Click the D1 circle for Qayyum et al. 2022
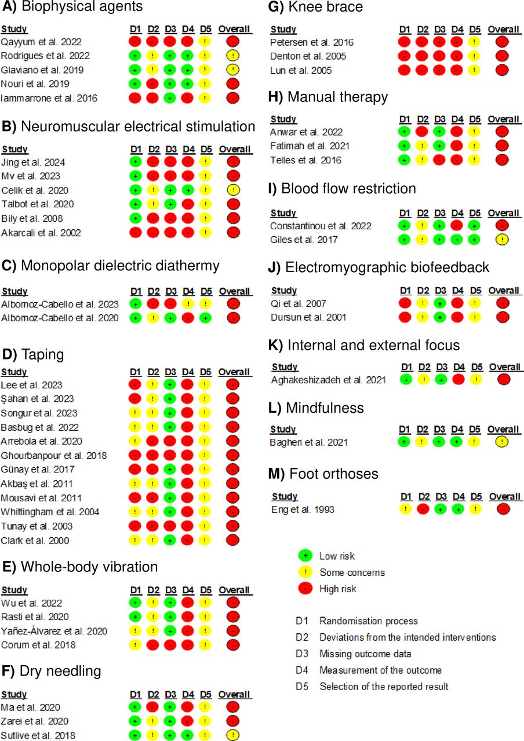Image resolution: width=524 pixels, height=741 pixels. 135,42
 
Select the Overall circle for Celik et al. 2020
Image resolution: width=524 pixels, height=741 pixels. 234,190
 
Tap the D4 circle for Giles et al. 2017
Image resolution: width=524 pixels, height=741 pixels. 457,240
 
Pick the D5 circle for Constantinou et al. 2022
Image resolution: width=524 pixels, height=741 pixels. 474,226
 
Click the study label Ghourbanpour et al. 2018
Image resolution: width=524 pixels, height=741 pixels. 54,456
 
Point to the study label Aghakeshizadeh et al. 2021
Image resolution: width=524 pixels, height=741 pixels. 329,380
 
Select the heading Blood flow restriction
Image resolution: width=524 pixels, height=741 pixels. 342,189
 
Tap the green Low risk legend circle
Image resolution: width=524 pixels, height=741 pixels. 305,555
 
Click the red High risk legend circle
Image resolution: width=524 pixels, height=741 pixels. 305,589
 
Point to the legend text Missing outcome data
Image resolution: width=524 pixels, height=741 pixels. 365,654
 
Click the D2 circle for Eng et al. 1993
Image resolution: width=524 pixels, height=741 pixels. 423,509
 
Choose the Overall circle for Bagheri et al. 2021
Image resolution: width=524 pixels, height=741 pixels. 502,442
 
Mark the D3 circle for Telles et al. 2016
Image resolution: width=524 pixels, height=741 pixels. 439,160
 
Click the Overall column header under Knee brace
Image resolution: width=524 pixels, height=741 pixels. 504,30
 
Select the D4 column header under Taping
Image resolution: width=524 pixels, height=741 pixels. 188,372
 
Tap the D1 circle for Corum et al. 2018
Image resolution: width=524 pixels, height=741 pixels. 135,645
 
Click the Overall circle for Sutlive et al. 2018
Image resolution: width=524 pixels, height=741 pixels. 233,735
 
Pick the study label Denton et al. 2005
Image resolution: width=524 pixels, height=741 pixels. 308,56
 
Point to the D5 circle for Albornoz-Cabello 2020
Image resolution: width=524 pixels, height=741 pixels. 205,318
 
